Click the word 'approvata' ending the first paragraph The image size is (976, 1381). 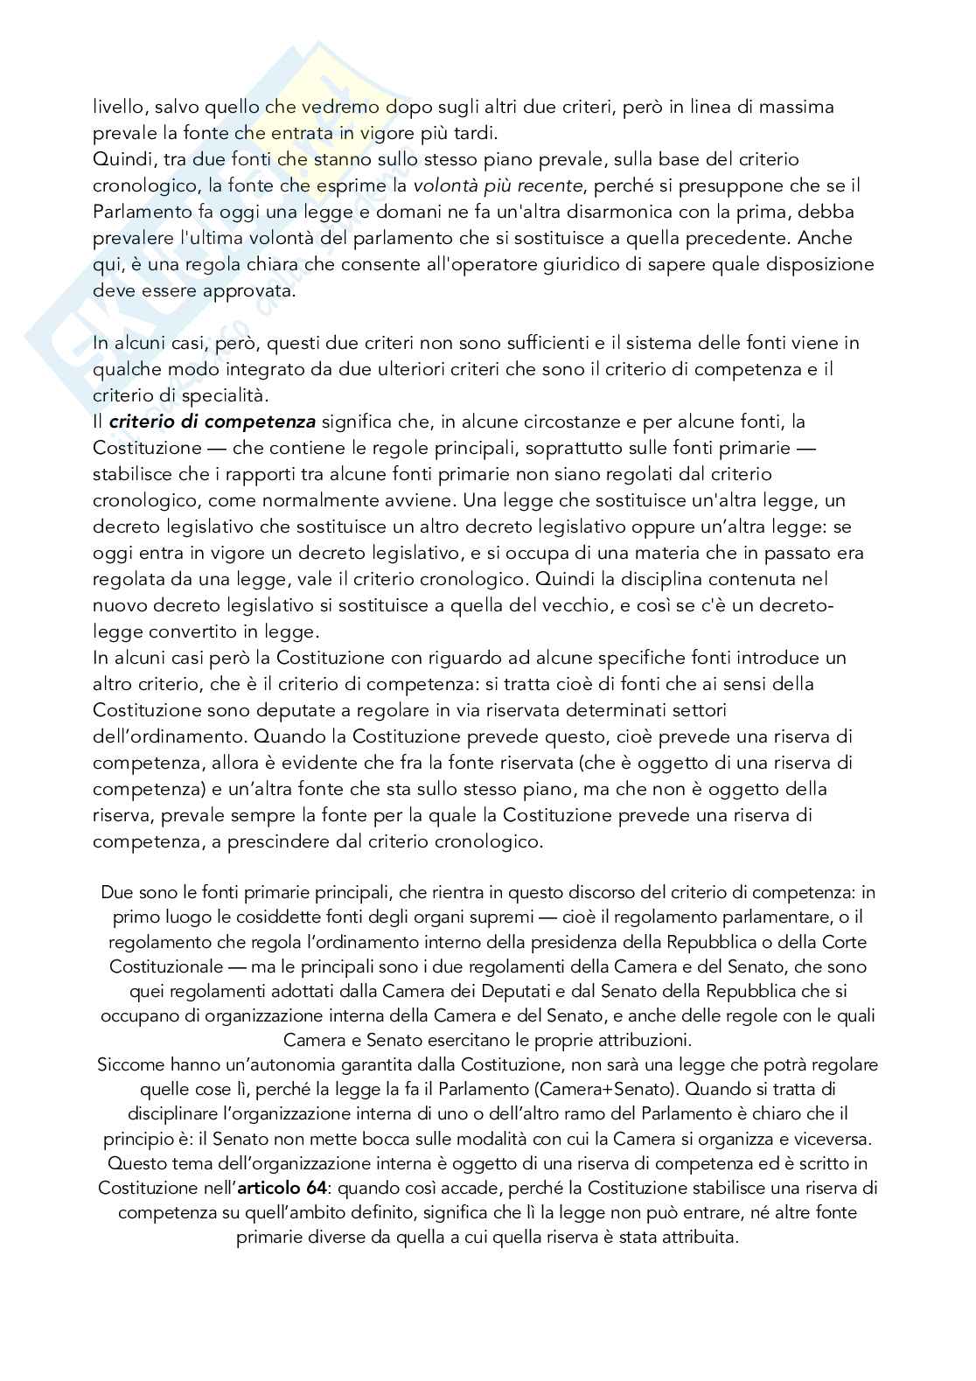[x=250, y=290]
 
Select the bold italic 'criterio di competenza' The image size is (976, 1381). [x=213, y=422]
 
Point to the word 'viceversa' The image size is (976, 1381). [x=832, y=1139]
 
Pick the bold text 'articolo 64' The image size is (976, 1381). [x=282, y=1189]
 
